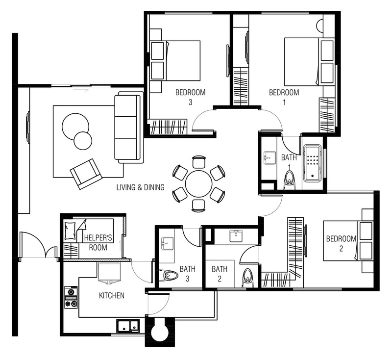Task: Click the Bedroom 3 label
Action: tap(190, 97)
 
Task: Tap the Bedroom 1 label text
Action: tap(284, 97)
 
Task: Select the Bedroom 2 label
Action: tap(341, 243)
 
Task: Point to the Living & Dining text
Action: tap(140, 187)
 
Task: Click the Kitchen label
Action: tap(112, 296)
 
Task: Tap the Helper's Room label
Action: tap(98, 242)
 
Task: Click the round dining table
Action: tap(198, 184)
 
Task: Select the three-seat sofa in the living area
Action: tap(128, 128)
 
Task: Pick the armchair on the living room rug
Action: tap(86, 173)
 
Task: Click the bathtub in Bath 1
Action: tap(312, 162)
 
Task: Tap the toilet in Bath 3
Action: tap(170, 276)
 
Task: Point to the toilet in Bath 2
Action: tap(247, 278)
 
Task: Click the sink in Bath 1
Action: tap(269, 158)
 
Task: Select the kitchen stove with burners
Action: tap(71, 298)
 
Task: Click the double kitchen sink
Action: tap(128, 325)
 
